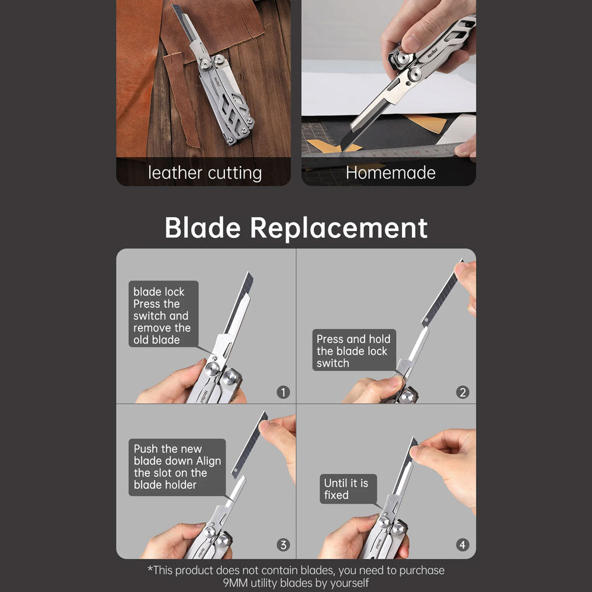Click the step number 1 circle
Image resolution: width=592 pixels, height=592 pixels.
click(283, 392)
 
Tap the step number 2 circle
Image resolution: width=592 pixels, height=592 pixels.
click(462, 392)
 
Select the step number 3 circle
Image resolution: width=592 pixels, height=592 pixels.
click(283, 545)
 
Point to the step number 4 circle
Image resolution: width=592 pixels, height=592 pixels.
click(462, 545)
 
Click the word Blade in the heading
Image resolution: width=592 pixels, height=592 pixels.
click(202, 228)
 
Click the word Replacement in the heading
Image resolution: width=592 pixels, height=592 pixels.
click(339, 228)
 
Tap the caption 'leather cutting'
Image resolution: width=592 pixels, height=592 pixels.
click(205, 173)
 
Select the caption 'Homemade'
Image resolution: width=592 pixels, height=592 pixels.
click(390, 173)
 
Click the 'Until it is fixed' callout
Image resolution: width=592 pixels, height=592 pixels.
click(348, 489)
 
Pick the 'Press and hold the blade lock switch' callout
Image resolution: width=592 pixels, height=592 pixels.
click(354, 350)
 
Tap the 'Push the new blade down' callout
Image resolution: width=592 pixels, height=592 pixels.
click(177, 467)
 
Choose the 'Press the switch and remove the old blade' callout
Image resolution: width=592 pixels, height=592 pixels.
click(163, 314)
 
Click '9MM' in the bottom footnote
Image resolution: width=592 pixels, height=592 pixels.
click(235, 583)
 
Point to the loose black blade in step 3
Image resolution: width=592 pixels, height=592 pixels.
click(249, 445)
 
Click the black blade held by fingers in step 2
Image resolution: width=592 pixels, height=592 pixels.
click(442, 293)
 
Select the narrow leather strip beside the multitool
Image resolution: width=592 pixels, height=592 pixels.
click(182, 99)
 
